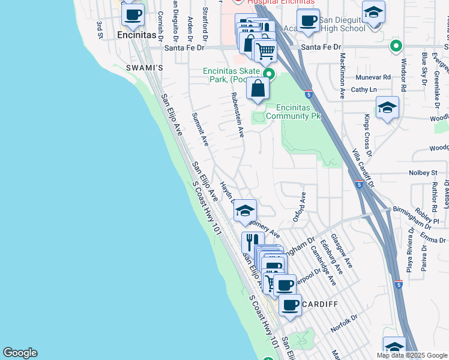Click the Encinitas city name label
click(132, 35)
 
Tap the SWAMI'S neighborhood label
click(144, 68)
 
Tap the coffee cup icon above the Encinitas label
click(133, 15)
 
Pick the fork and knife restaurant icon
click(253, 242)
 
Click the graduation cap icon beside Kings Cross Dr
click(387, 108)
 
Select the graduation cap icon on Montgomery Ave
click(244, 210)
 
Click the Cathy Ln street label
click(364, 89)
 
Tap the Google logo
click(20, 353)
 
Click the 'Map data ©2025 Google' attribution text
click(411, 355)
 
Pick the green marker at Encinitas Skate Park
click(270, 74)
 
